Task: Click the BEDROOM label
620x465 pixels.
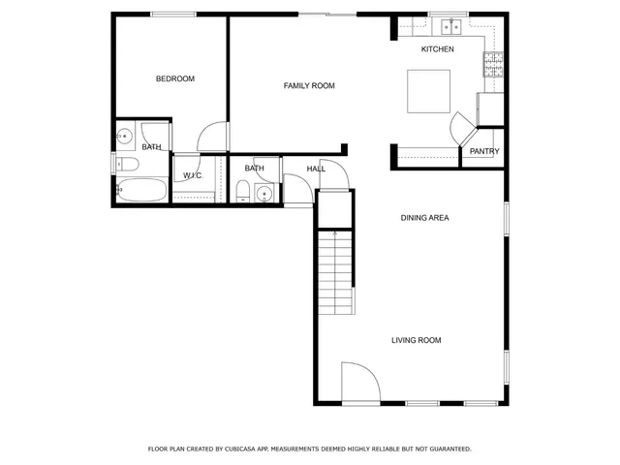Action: pos(175,78)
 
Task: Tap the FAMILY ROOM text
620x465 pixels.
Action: pos(309,86)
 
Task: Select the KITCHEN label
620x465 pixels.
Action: pos(437,49)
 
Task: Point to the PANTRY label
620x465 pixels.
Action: pos(484,151)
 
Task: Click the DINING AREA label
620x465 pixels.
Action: pos(424,218)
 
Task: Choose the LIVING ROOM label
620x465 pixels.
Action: pos(417,340)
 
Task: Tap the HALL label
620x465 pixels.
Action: pos(316,169)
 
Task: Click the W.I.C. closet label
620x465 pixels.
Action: pos(192,175)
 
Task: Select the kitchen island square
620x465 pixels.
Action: pos(427,92)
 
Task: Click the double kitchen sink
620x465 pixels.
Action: pos(449,26)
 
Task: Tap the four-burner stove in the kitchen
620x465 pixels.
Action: pos(493,66)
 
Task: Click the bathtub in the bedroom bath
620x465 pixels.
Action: pos(141,191)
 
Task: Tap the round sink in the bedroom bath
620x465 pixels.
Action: pos(125,135)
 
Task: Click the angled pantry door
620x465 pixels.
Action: pos(460,127)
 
